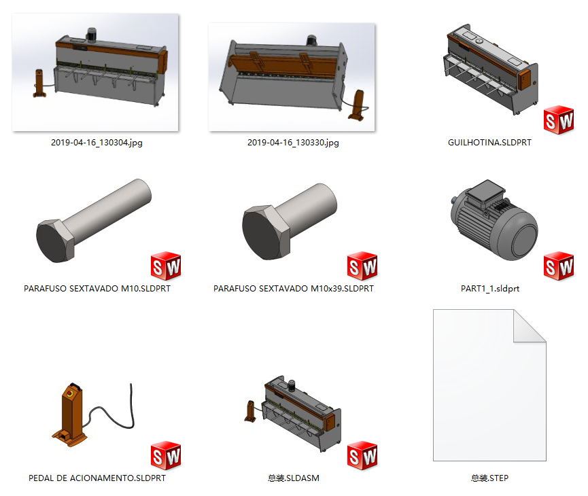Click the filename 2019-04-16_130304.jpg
(x=97, y=143)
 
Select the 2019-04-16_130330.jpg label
(x=293, y=143)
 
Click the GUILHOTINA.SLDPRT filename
(x=489, y=143)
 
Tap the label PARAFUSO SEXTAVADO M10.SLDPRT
(x=97, y=288)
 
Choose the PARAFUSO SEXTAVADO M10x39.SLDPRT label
(x=293, y=288)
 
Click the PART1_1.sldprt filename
(x=489, y=288)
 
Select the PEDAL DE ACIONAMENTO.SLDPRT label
(x=97, y=478)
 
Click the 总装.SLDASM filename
(x=293, y=478)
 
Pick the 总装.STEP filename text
(x=489, y=478)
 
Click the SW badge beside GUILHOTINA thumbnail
(x=559, y=120)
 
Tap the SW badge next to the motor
(x=559, y=266)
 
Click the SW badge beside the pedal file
(x=165, y=455)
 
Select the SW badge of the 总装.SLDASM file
(x=362, y=455)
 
